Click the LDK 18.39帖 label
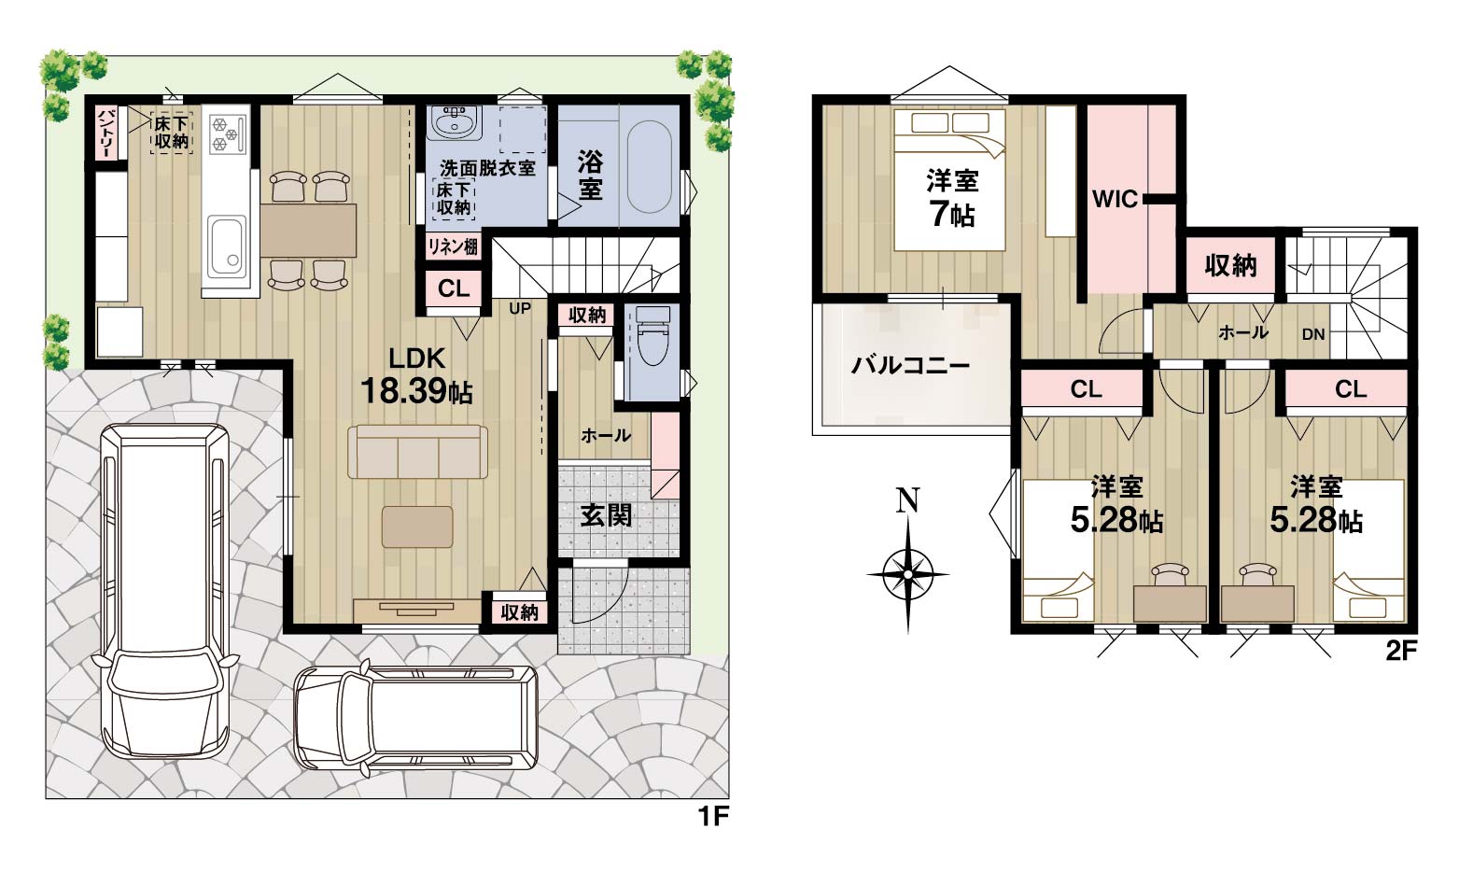pos(417,376)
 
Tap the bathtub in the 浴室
pos(650,167)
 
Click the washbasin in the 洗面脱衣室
pos(454,122)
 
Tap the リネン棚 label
pos(453,246)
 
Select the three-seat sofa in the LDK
pos(417,452)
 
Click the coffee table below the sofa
pos(417,527)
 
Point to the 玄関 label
pos(607,515)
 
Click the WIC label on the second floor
pos(1115,199)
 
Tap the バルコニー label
pos(910,365)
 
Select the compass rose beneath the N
pos(908,574)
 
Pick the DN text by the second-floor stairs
pos(1313,334)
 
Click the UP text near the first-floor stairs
pos(520,308)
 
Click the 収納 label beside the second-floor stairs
pos(1230,265)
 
